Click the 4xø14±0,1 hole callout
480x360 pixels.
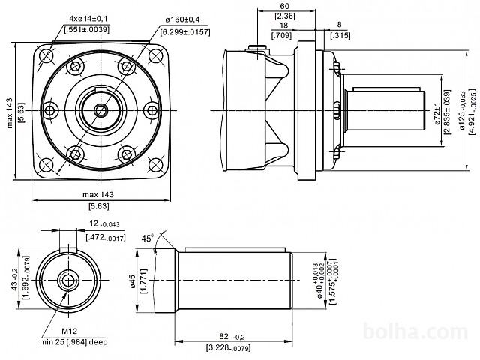pos(89,17)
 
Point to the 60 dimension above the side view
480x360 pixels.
pos(283,6)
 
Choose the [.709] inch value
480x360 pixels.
pos(283,34)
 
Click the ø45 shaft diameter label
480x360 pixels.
pos(133,280)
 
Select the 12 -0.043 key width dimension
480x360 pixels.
pos(104,225)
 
